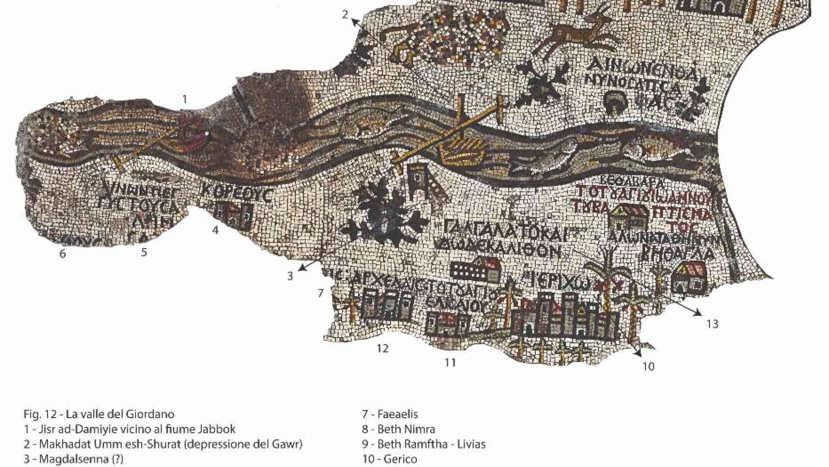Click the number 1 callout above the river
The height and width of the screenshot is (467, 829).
[185, 99]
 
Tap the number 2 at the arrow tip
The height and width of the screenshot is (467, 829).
[345, 14]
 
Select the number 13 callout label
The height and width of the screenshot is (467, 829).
[712, 324]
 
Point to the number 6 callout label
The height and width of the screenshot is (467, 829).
[63, 253]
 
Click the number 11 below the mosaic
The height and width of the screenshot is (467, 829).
[450, 362]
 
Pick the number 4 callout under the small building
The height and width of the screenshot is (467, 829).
[215, 230]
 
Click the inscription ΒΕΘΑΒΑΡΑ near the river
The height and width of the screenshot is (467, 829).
[627, 181]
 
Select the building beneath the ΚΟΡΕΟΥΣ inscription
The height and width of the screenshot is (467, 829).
[234, 215]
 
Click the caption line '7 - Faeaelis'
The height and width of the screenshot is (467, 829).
[390, 415]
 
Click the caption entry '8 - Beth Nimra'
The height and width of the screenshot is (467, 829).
[398, 430]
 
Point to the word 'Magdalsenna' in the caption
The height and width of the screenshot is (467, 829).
[71, 459]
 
